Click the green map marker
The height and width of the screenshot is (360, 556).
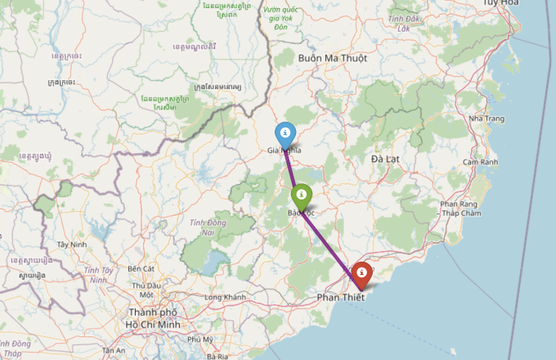[x=301, y=196]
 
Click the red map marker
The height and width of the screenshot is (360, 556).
[x=361, y=274]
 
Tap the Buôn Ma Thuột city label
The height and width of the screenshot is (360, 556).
[x=333, y=59]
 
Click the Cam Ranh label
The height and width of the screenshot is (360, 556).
[x=480, y=162]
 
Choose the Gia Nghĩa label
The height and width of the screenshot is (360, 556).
[x=285, y=151]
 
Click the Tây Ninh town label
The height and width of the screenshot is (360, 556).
[x=72, y=244]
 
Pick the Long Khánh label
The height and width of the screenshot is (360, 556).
[x=225, y=296]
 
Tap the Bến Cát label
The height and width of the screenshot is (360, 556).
[x=141, y=268]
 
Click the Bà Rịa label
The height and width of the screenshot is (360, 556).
[x=217, y=356]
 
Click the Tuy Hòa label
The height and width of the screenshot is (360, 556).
[x=534, y=3]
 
